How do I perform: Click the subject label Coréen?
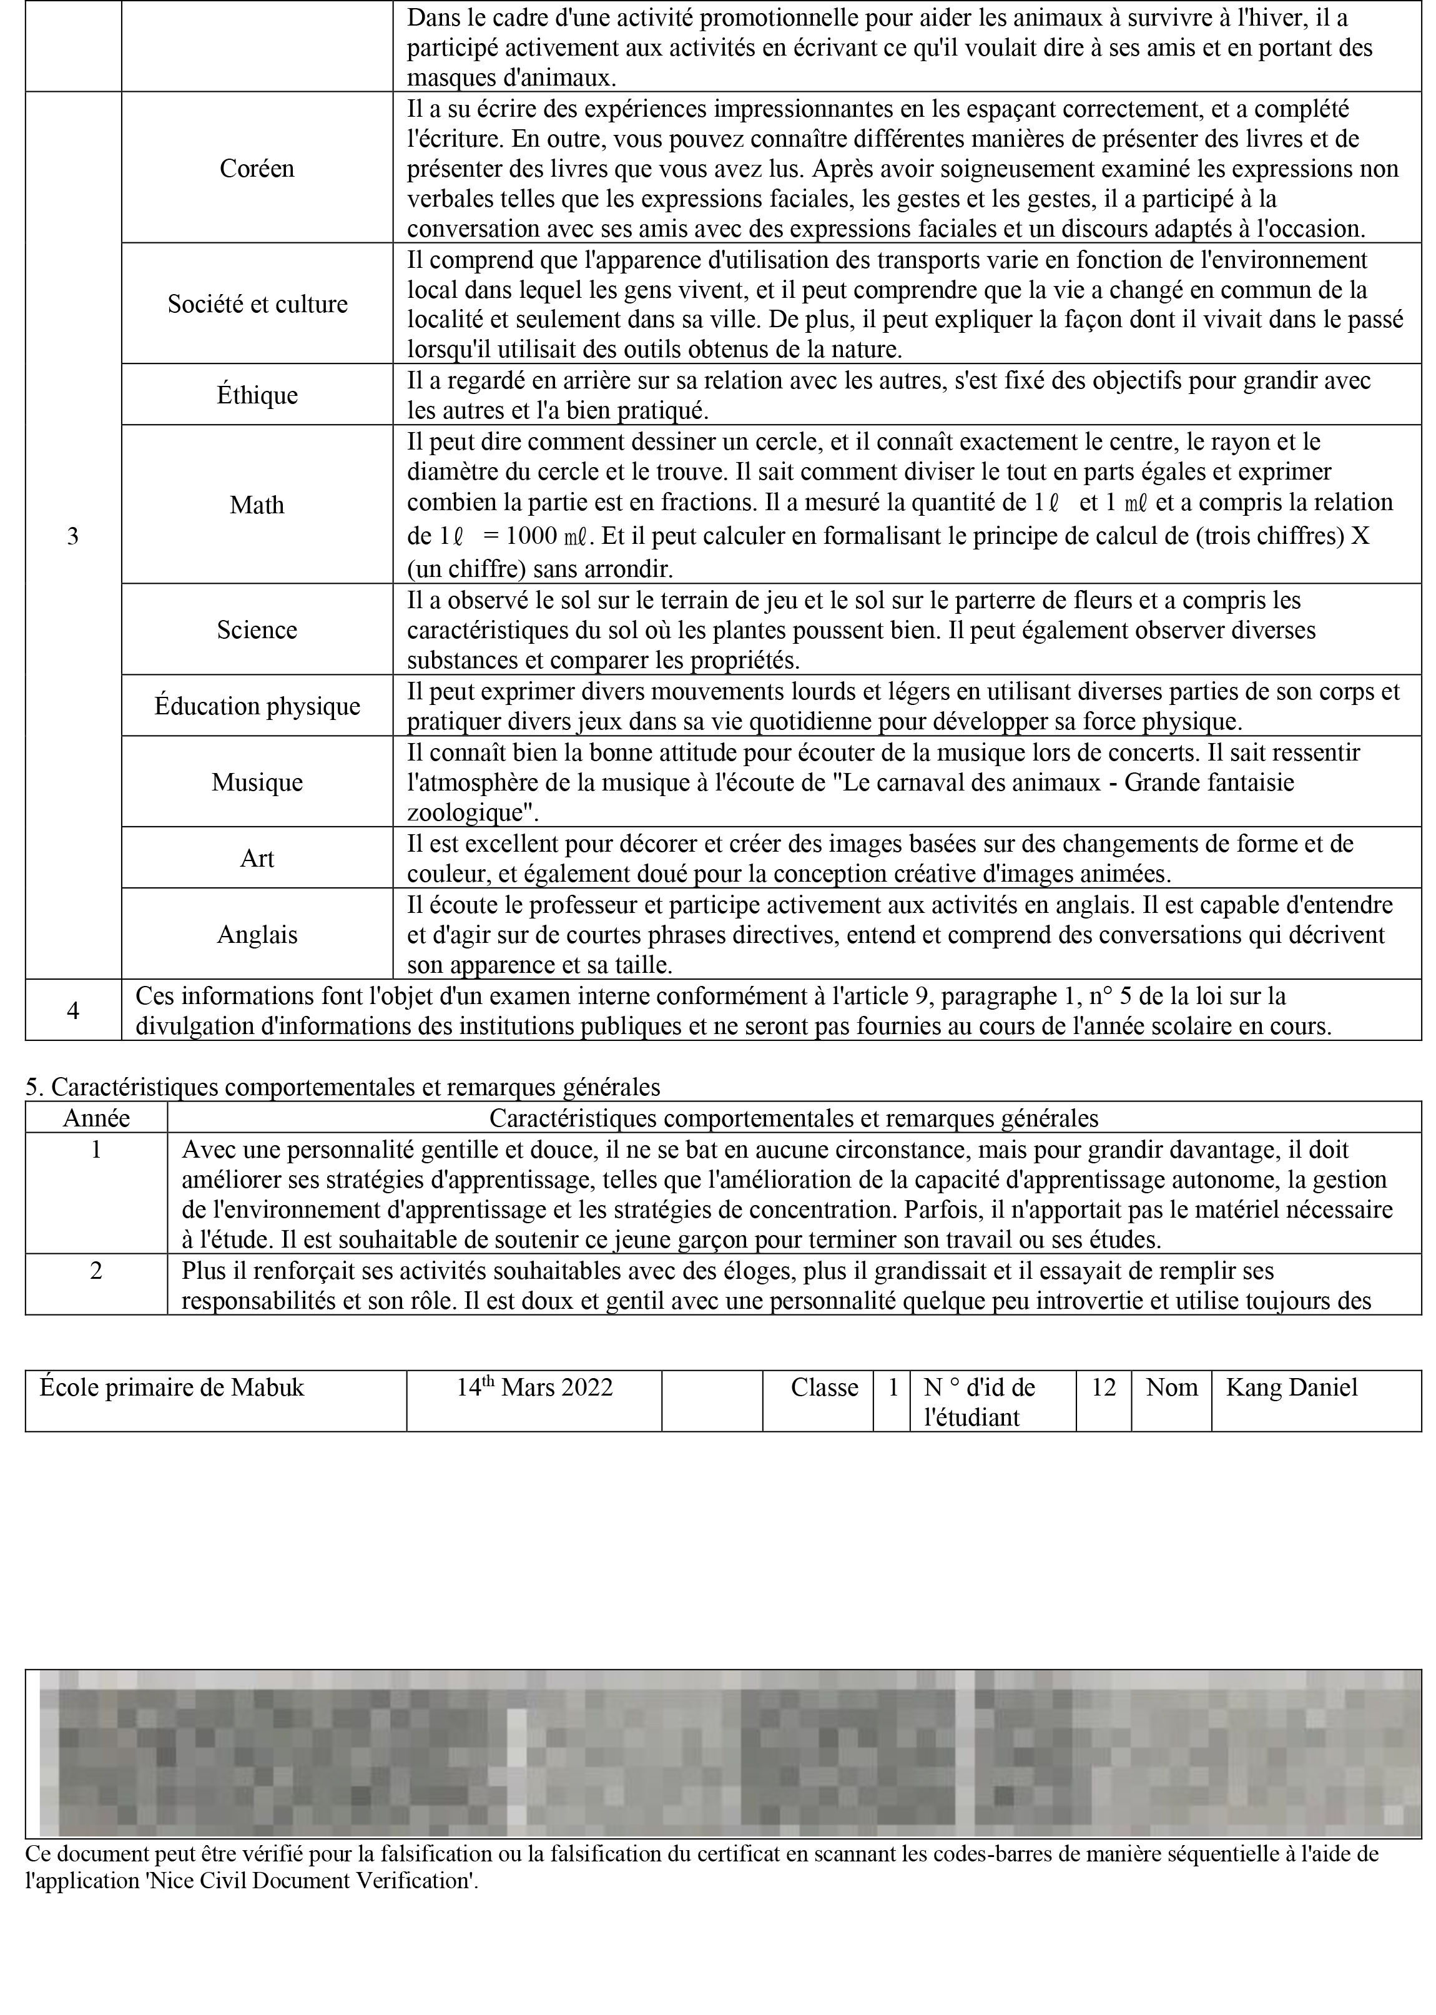(x=257, y=169)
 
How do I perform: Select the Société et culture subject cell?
(x=257, y=304)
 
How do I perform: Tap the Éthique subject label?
(x=257, y=395)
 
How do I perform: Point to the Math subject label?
(x=257, y=505)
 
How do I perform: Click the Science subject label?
(x=257, y=629)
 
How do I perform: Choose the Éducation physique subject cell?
(x=257, y=706)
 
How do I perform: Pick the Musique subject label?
(x=257, y=782)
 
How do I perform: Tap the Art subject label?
(x=257, y=859)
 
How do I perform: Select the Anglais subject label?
(x=257, y=935)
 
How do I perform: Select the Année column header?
(x=96, y=1118)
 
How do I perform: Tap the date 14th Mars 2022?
(x=534, y=1387)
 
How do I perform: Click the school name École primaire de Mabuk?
(x=172, y=1387)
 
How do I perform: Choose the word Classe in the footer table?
(x=824, y=1387)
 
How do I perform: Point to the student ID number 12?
(x=1103, y=1387)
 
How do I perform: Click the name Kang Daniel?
(x=1291, y=1387)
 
